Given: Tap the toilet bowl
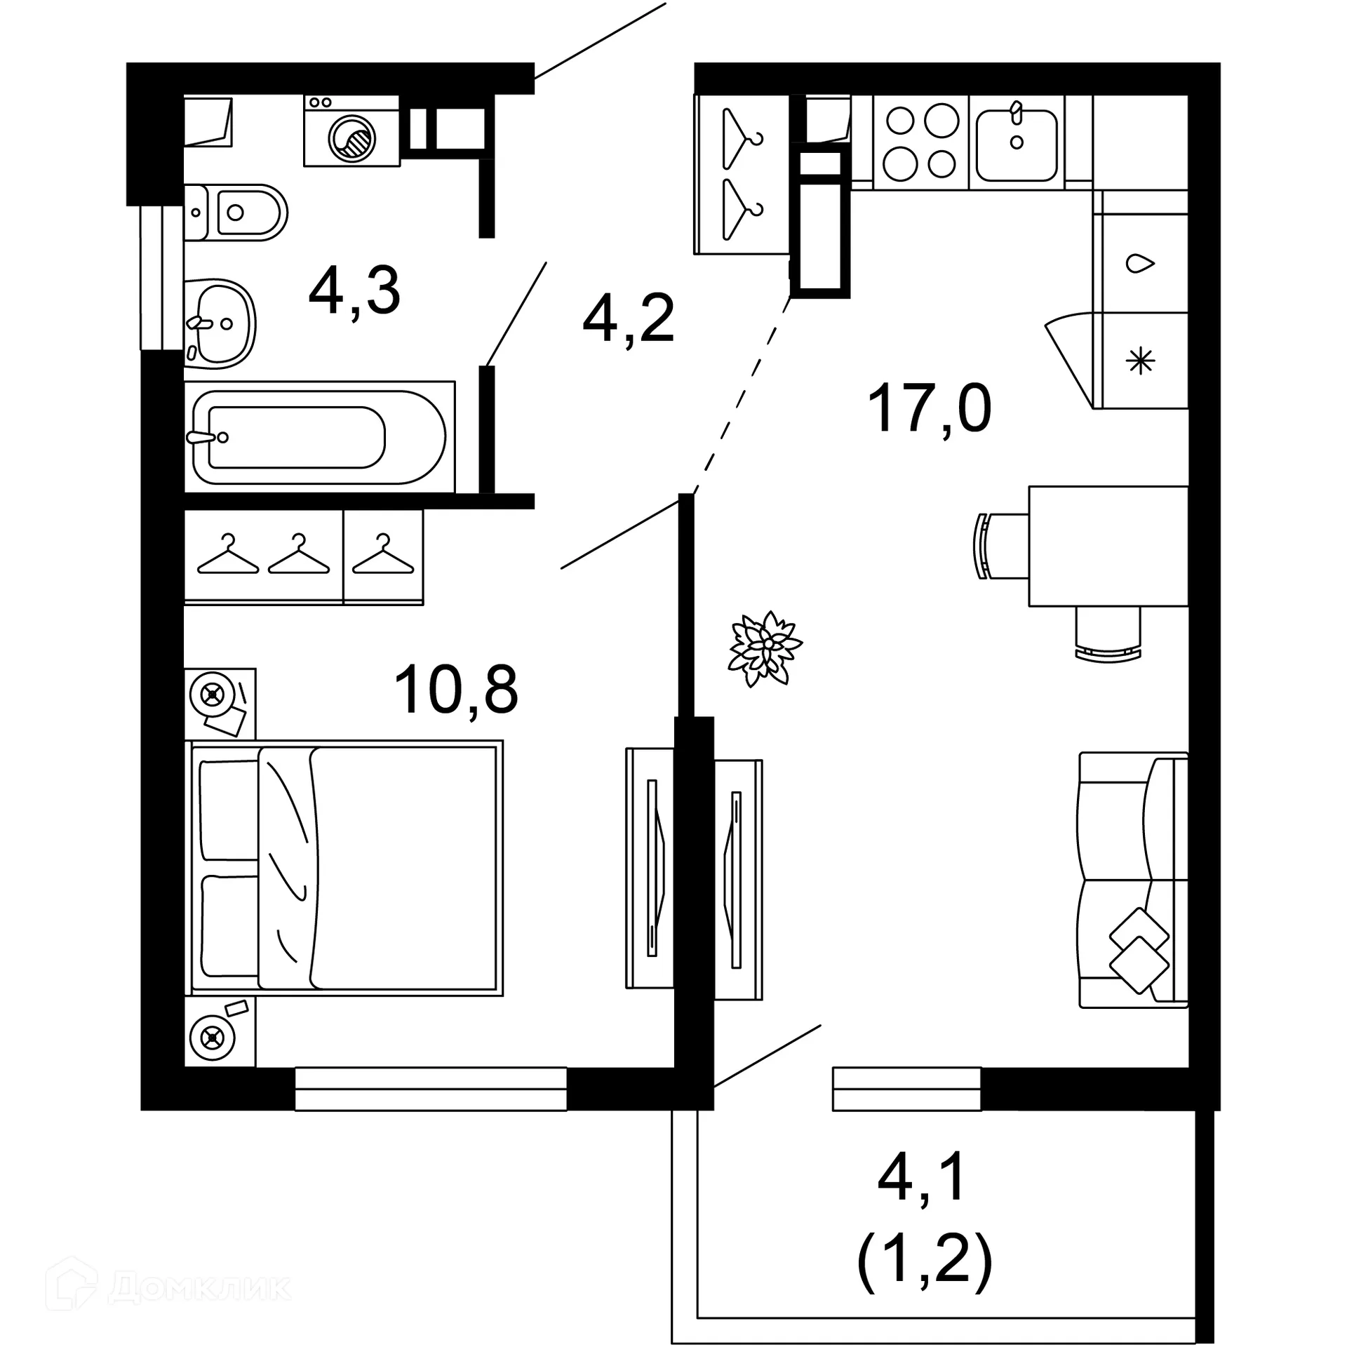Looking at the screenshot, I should (242, 212).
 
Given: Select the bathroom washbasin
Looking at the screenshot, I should (220, 323).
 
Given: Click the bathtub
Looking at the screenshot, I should (319, 437).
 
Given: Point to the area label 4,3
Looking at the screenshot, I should (354, 292).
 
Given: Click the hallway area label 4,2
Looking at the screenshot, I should (628, 319).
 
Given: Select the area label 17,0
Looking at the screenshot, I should (929, 409).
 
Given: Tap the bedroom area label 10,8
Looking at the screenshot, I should (456, 690).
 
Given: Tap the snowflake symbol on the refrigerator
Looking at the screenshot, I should (1140, 362).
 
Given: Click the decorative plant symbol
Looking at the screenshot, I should (765, 648).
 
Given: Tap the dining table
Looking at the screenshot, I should (1107, 546).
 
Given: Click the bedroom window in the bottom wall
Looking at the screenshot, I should (430, 1089).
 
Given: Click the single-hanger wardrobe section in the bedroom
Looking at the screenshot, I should (383, 556).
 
